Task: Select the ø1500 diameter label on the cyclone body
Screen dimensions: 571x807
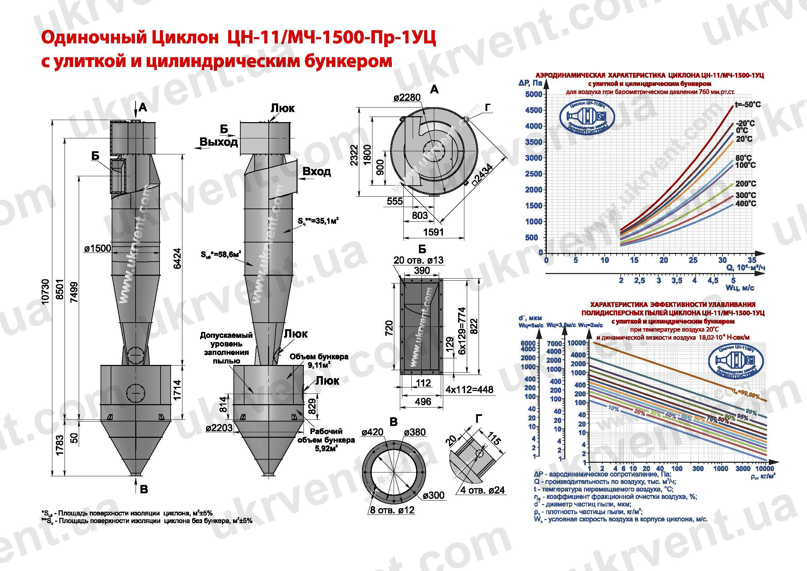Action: (x=97, y=248)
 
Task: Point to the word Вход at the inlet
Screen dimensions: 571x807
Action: (x=316, y=172)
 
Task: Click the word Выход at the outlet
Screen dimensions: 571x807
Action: (x=218, y=142)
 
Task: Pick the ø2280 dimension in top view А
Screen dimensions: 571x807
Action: (x=407, y=97)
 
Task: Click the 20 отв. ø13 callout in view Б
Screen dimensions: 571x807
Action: (x=418, y=260)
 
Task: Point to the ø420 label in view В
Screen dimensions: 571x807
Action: (x=372, y=432)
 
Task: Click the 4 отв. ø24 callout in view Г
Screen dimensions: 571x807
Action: (x=482, y=490)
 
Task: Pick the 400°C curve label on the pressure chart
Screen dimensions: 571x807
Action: (x=746, y=204)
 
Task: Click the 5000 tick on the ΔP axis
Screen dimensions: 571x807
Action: (x=533, y=94)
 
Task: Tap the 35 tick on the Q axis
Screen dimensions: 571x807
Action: (x=752, y=260)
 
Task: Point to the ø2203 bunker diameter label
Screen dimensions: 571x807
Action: (x=219, y=427)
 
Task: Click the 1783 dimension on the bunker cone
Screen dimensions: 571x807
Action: (x=59, y=445)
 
